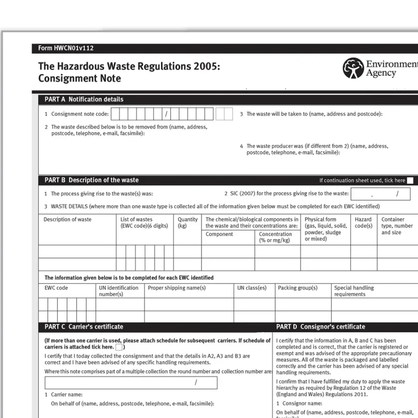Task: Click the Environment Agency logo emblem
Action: click(353, 68)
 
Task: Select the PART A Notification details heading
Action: click(84, 99)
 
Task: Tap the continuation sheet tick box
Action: click(410, 181)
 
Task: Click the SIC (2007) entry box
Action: click(380, 194)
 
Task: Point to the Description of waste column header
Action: click(67, 219)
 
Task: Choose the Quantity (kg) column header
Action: click(187, 222)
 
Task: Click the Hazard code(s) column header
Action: click(363, 222)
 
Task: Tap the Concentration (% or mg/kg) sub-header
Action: click(275, 237)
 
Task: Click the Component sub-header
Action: click(219, 234)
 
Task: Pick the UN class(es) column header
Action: click(252, 288)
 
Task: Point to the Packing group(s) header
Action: click(297, 288)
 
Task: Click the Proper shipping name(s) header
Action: click(177, 288)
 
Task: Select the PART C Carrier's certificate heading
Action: click(84, 327)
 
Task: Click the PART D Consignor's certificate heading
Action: click(320, 327)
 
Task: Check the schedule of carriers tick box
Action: click(119, 347)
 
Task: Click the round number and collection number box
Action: click(131, 383)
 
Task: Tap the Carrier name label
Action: click(67, 394)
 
